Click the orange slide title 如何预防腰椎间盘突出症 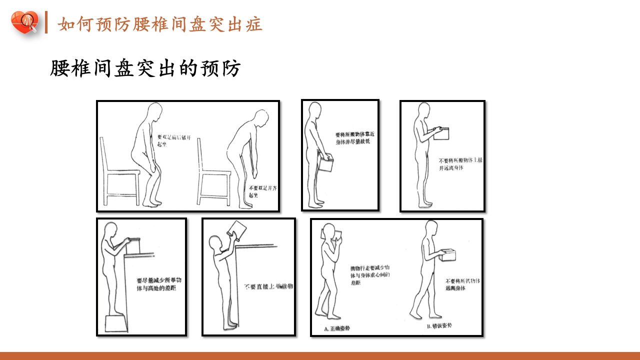160,24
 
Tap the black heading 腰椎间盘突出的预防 145,68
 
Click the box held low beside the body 325,164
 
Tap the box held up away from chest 441,133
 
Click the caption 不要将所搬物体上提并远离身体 460,164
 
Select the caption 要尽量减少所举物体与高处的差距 158,284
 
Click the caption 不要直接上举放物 268,286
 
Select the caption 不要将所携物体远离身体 463,284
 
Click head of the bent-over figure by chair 260,118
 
